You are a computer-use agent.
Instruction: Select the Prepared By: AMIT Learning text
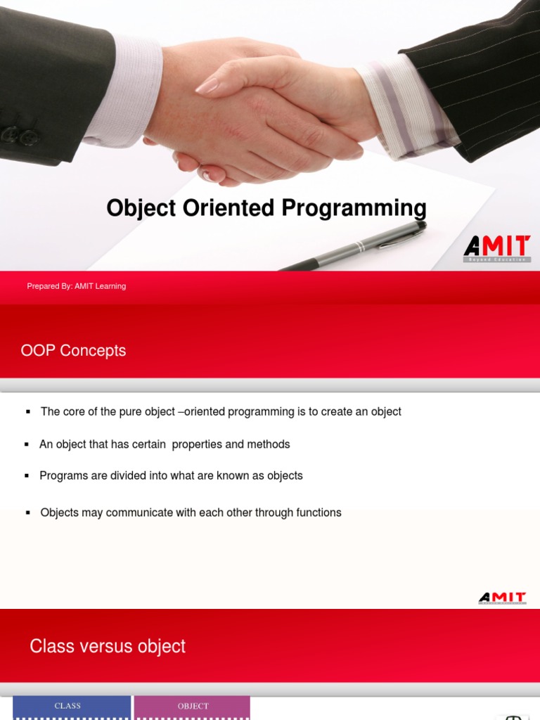coord(77,286)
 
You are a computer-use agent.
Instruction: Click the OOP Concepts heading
coord(74,350)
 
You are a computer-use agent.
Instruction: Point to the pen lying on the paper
coord(359,246)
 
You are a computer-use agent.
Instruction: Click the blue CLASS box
coord(68,707)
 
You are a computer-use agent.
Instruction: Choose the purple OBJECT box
coord(193,707)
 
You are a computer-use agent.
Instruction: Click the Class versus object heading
coord(108,646)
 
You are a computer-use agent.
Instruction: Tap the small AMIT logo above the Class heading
coord(502,598)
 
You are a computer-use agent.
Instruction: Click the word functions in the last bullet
coord(319,513)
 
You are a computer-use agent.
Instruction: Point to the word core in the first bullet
coord(75,411)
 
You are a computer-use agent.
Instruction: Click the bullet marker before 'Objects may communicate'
coord(28,513)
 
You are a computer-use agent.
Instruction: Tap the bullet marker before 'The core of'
coord(28,411)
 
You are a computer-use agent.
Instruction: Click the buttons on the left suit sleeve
coord(19,136)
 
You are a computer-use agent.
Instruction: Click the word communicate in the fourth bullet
coord(139,513)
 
